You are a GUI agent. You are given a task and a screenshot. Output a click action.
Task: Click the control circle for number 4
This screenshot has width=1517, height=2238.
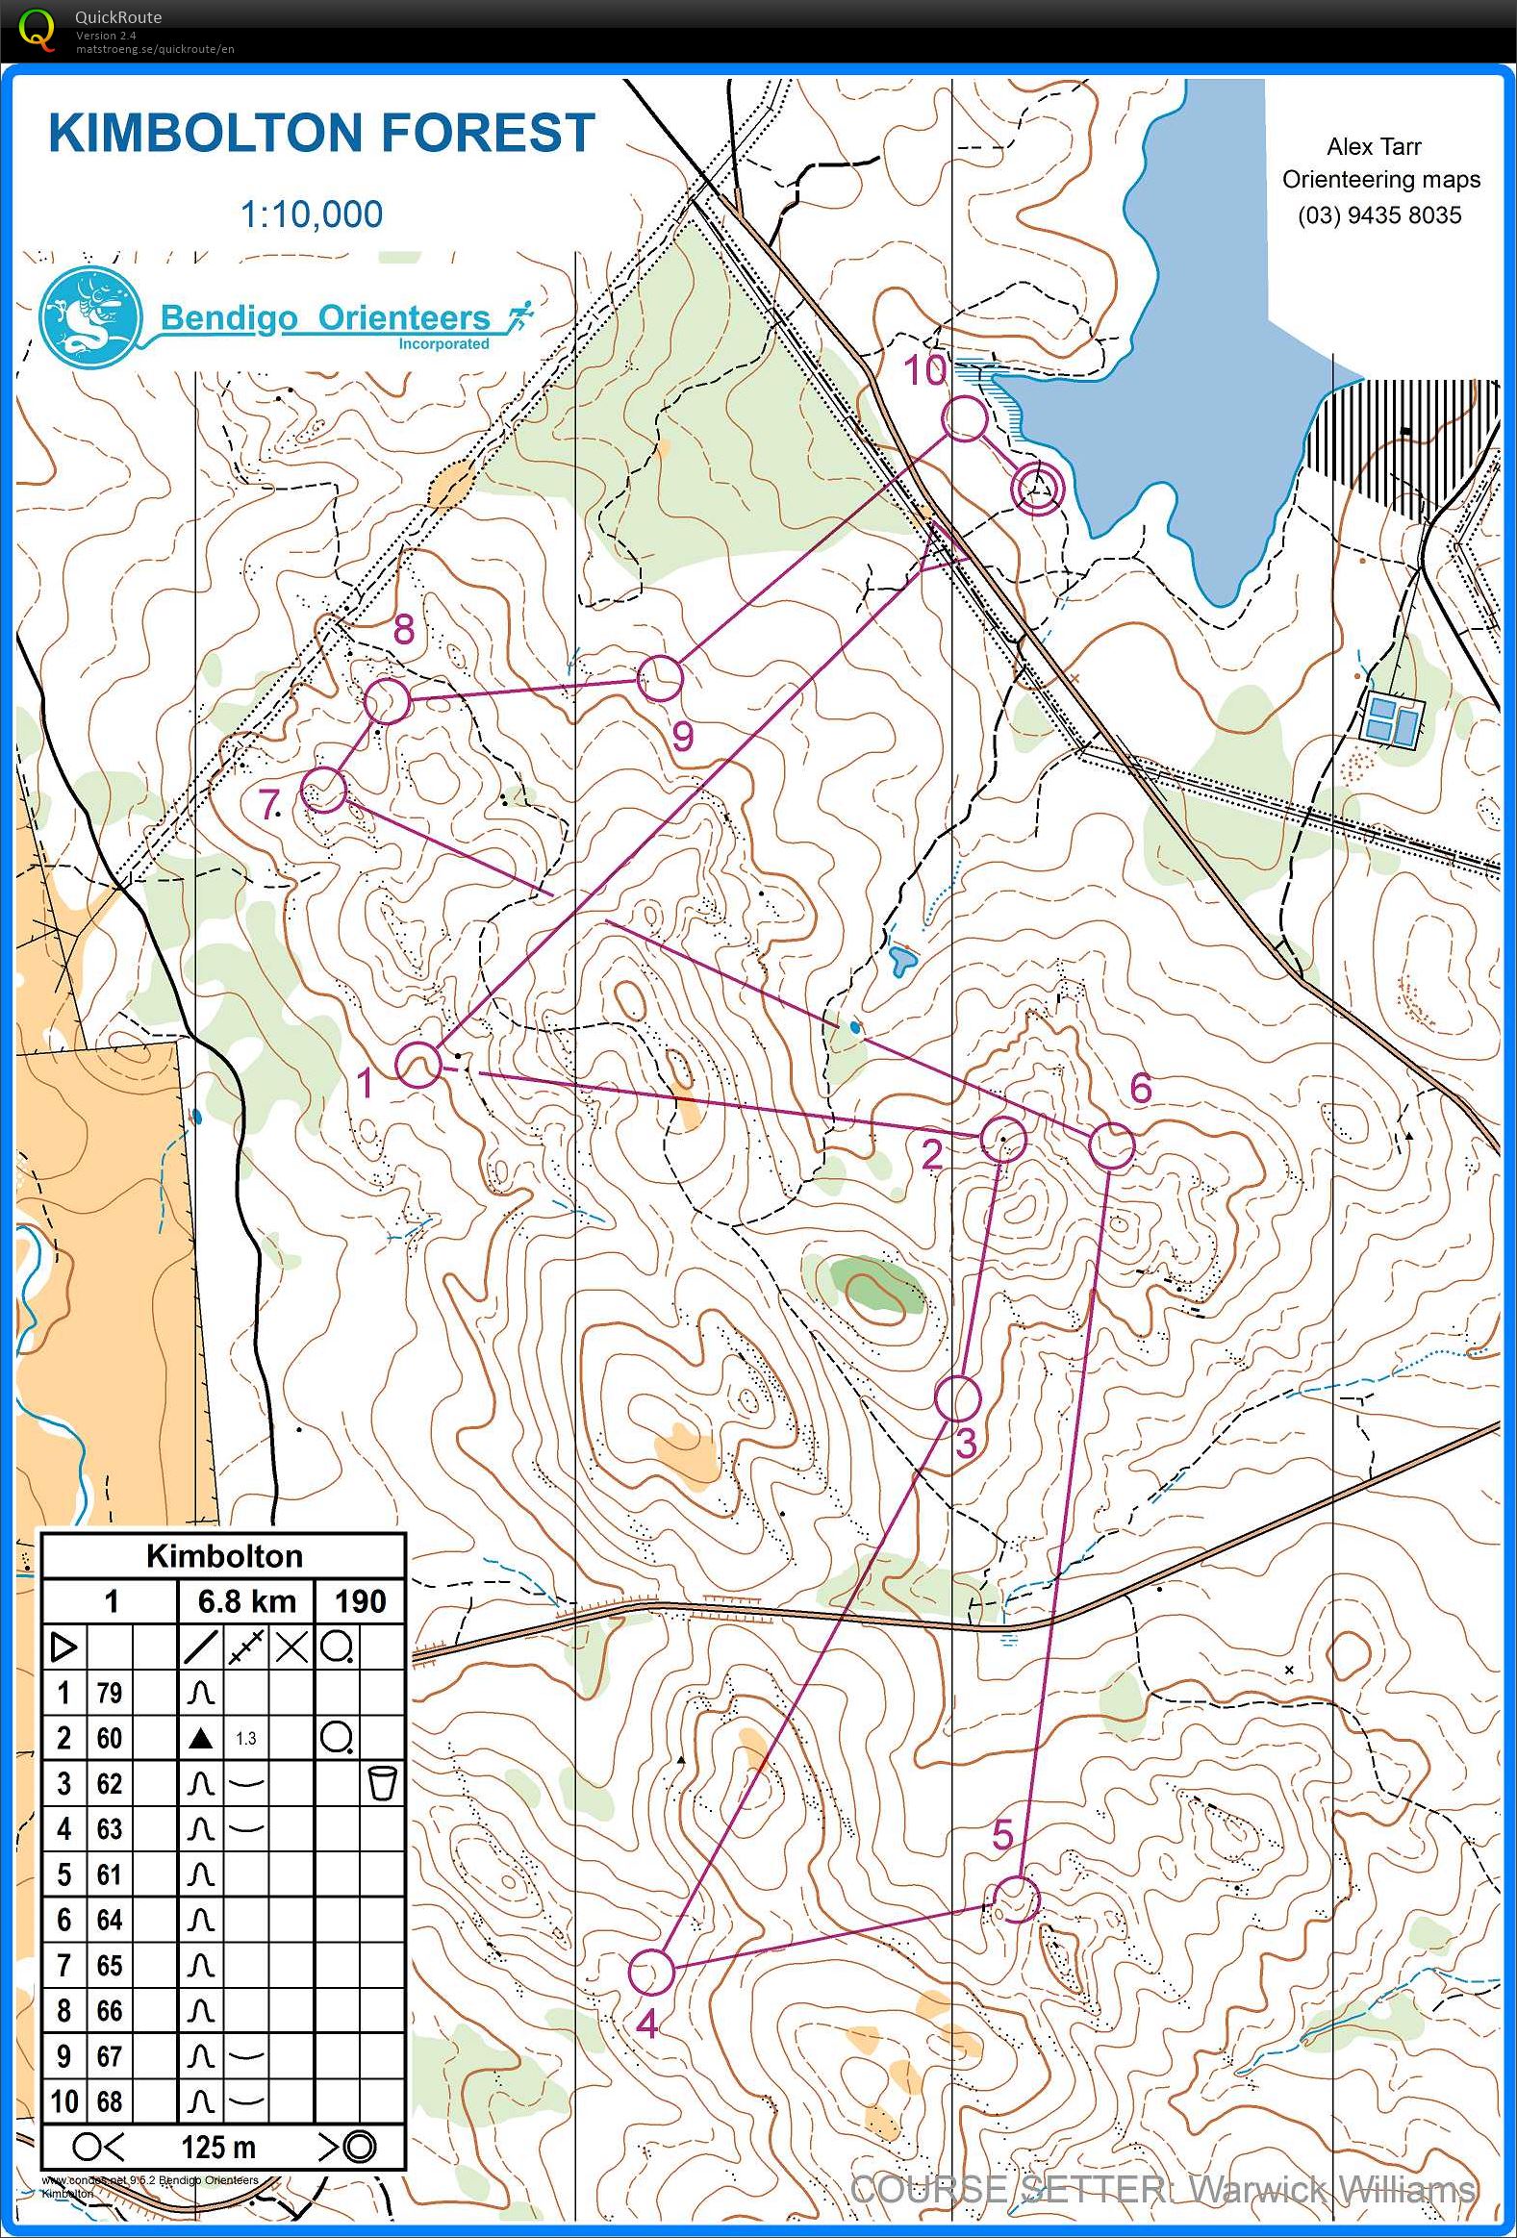click(650, 1972)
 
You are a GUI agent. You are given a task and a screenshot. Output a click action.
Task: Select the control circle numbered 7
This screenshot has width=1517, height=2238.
click(323, 790)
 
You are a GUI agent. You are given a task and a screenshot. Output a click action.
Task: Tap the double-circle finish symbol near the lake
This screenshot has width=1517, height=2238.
click(1036, 490)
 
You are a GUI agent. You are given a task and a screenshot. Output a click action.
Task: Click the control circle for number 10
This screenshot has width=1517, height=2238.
click(964, 418)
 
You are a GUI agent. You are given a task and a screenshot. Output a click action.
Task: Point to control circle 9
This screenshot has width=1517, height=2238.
click(661, 678)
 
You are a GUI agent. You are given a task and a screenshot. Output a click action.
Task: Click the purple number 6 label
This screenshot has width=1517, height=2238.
click(1141, 1088)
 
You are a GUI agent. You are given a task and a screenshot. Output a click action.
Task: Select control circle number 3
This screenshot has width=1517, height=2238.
click(957, 1398)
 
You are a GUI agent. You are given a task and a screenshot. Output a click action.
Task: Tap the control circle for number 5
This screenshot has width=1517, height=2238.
click(1016, 1899)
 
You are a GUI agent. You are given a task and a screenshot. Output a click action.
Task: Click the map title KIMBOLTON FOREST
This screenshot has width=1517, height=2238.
click(321, 133)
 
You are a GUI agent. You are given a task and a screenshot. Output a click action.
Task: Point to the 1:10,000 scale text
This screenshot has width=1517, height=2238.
click(311, 214)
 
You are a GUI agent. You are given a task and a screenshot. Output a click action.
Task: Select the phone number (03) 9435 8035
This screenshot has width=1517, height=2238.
click(1379, 214)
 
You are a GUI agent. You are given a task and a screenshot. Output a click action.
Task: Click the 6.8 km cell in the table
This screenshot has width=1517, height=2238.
click(246, 1601)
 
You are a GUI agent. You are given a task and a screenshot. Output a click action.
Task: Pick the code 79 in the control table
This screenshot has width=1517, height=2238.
click(109, 1692)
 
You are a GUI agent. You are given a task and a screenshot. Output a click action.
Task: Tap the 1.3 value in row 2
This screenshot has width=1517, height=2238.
click(245, 1738)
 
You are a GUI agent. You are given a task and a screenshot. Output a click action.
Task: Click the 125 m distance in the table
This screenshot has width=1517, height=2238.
click(218, 2147)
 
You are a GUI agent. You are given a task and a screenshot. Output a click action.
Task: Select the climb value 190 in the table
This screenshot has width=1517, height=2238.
click(359, 1601)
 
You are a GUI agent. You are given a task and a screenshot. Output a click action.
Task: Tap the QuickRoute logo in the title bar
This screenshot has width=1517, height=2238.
click(37, 29)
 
